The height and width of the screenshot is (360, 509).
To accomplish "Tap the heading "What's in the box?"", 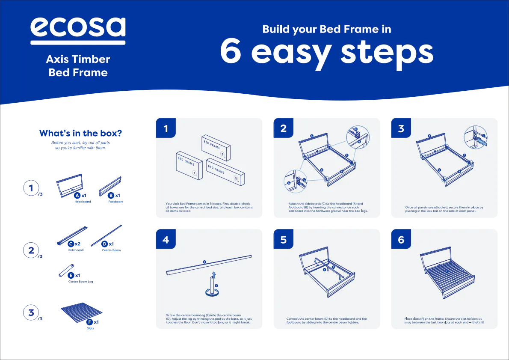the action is (x=80, y=133).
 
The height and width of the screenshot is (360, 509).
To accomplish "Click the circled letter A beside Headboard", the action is (x=77, y=195).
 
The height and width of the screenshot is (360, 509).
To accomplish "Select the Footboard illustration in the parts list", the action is (x=110, y=187).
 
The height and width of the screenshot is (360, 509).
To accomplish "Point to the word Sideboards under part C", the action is (x=76, y=250).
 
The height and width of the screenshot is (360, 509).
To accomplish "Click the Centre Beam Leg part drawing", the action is (x=66, y=271).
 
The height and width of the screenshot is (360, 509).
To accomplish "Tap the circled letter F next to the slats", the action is (x=89, y=322).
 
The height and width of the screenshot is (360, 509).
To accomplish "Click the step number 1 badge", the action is (x=166, y=128).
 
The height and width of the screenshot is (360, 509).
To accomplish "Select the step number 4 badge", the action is (x=166, y=239).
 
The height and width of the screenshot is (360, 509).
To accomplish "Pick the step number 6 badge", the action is (x=401, y=239).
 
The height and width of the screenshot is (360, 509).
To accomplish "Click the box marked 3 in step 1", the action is (x=216, y=148).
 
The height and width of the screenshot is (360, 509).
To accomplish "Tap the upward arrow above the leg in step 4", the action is (x=213, y=275).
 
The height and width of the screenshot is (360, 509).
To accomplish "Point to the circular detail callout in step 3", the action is (x=476, y=137).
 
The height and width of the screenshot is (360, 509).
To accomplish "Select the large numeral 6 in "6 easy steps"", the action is (x=231, y=51).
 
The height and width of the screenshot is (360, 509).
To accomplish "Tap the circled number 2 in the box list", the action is (x=31, y=250).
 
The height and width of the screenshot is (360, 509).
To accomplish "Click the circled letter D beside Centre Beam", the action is (x=104, y=244).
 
